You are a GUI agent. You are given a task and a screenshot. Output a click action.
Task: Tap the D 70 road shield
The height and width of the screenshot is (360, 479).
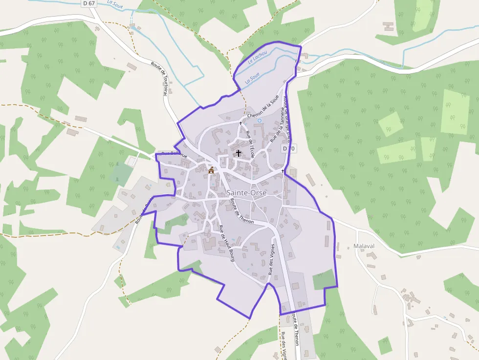coord(288,148)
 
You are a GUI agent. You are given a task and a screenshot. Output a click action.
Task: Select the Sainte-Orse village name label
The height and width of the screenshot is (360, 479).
coord(247,193)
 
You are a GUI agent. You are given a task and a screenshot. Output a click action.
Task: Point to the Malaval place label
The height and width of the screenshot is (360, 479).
coord(363,246)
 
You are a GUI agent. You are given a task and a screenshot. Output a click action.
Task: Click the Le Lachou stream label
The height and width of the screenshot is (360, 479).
coord(257,59)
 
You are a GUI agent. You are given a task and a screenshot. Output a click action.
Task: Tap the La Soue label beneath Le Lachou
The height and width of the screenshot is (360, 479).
coord(252,78)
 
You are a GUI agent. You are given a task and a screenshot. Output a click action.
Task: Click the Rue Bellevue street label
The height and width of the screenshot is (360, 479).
coord(174,154)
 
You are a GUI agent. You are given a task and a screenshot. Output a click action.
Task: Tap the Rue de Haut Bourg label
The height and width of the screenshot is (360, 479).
coord(227,243)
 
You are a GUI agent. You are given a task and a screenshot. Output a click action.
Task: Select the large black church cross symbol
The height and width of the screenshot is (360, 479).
coord(239,153)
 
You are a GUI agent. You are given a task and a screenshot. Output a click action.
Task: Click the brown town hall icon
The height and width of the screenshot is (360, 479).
coord(212,170)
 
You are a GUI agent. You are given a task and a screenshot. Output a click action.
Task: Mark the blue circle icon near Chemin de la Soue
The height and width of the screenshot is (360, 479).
coord(260,121)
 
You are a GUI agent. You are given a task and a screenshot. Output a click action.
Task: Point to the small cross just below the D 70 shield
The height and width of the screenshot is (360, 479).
coord(283,171)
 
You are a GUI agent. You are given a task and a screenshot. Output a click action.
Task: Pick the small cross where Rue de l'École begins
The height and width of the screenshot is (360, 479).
coord(240,124)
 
